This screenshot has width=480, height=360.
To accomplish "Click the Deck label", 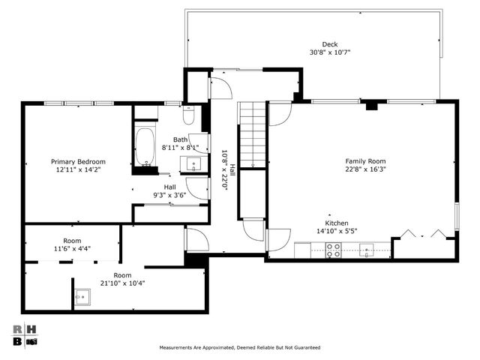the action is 330,44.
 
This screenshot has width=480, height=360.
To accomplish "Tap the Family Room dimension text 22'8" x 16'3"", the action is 365,169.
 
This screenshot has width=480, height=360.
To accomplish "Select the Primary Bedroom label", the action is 78,162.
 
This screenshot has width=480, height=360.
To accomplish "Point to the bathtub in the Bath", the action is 145,147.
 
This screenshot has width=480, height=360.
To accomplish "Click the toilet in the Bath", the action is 188,115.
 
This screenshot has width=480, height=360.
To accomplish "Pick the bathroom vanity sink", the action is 193,164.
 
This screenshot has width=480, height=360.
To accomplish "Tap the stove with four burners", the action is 333,250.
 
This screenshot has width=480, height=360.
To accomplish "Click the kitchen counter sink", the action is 367,250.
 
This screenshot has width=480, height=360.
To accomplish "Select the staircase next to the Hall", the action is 253,135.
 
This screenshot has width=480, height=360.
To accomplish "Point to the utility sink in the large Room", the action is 82,297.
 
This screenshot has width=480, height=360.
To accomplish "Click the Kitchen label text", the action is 337,223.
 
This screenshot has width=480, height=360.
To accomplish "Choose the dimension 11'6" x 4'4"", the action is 72,248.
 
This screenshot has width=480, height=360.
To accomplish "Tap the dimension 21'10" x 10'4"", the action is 122,283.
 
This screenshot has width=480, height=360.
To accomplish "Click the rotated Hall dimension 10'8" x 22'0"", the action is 225,170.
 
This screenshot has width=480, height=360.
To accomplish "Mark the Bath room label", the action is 180,139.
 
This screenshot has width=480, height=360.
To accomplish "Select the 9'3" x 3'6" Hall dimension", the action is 169,195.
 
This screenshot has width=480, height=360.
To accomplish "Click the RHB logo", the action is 25,335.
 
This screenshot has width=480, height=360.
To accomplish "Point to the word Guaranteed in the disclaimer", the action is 307,347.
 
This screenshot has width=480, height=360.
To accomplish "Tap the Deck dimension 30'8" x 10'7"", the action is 330,52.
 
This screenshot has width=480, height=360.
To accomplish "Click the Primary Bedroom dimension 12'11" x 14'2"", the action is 78,169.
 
